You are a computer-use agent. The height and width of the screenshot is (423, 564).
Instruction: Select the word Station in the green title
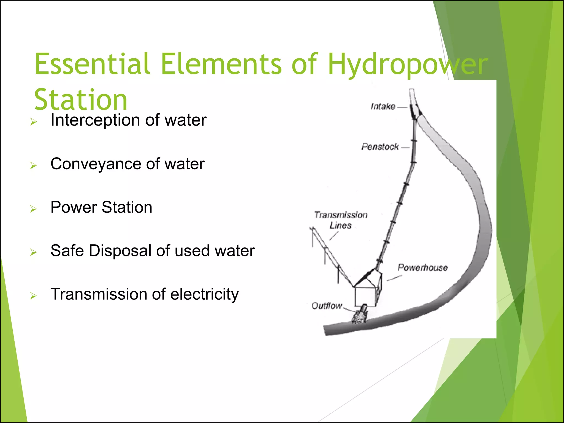pyautogui.click(x=81, y=100)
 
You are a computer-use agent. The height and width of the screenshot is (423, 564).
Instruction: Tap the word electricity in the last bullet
pyautogui.click(x=204, y=294)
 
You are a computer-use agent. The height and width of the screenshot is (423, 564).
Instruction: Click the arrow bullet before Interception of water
pyautogui.click(x=33, y=122)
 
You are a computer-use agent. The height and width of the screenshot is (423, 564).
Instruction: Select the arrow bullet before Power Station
pyautogui.click(x=33, y=209)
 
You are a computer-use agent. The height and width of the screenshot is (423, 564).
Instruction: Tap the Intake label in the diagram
pyautogui.click(x=383, y=107)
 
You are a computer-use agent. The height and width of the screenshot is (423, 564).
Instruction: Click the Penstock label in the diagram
pyautogui.click(x=380, y=147)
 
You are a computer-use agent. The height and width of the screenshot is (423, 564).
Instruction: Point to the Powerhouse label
pyautogui.click(x=422, y=267)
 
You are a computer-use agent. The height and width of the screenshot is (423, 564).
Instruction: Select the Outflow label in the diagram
pyautogui.click(x=326, y=306)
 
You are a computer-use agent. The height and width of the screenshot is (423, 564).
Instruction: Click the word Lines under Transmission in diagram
pyautogui.click(x=340, y=226)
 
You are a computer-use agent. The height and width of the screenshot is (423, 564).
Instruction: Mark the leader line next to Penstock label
pyautogui.click(x=405, y=148)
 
